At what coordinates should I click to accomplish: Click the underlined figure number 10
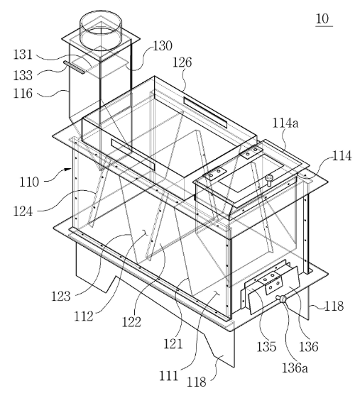point(322,18)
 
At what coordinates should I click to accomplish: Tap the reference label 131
point(23,55)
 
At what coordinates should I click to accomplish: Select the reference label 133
point(23,75)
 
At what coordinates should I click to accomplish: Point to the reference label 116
point(23,94)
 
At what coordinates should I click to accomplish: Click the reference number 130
point(163,46)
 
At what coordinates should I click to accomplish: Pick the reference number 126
point(182,62)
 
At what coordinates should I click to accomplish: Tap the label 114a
point(285,123)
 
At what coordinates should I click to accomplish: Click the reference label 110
point(29,182)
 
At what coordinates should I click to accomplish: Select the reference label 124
point(23,211)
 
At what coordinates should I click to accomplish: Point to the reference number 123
point(61,297)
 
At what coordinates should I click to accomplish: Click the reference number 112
point(84,316)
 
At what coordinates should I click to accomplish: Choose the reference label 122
point(131,322)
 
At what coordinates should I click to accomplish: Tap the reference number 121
point(173,344)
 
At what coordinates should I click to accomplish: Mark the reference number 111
point(168,376)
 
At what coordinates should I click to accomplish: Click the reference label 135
point(266,347)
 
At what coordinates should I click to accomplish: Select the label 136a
point(295,368)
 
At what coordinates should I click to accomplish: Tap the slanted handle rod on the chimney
point(74,67)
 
